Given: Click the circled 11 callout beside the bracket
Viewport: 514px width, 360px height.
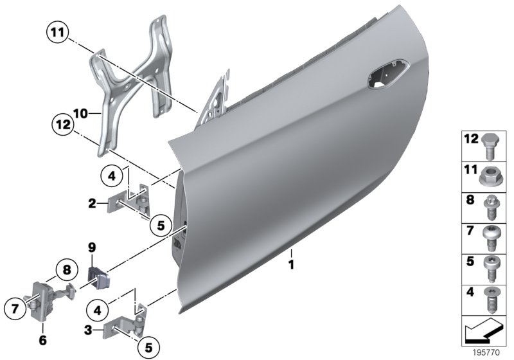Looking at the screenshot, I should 57,32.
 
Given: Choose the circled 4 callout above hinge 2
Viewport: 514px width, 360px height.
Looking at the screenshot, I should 111,175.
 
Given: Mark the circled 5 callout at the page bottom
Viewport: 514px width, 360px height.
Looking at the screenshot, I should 148,348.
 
